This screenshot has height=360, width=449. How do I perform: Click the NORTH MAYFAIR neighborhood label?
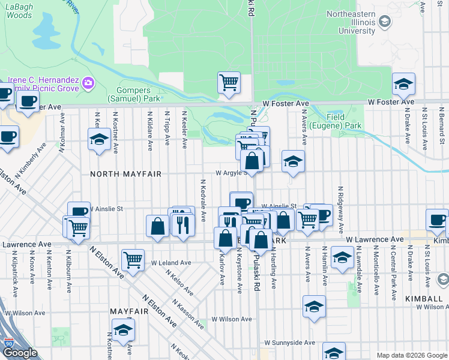[x=125, y=174]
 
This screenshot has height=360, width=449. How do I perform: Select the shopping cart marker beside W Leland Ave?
[x=133, y=260]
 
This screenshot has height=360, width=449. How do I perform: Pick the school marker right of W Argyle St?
[x=293, y=161]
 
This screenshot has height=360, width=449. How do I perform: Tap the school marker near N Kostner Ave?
[x=98, y=141]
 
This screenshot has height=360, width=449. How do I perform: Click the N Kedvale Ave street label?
[x=203, y=200]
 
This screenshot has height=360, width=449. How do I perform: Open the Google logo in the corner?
[x=20, y=353]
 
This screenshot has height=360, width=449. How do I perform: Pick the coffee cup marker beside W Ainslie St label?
[x=79, y=212]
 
